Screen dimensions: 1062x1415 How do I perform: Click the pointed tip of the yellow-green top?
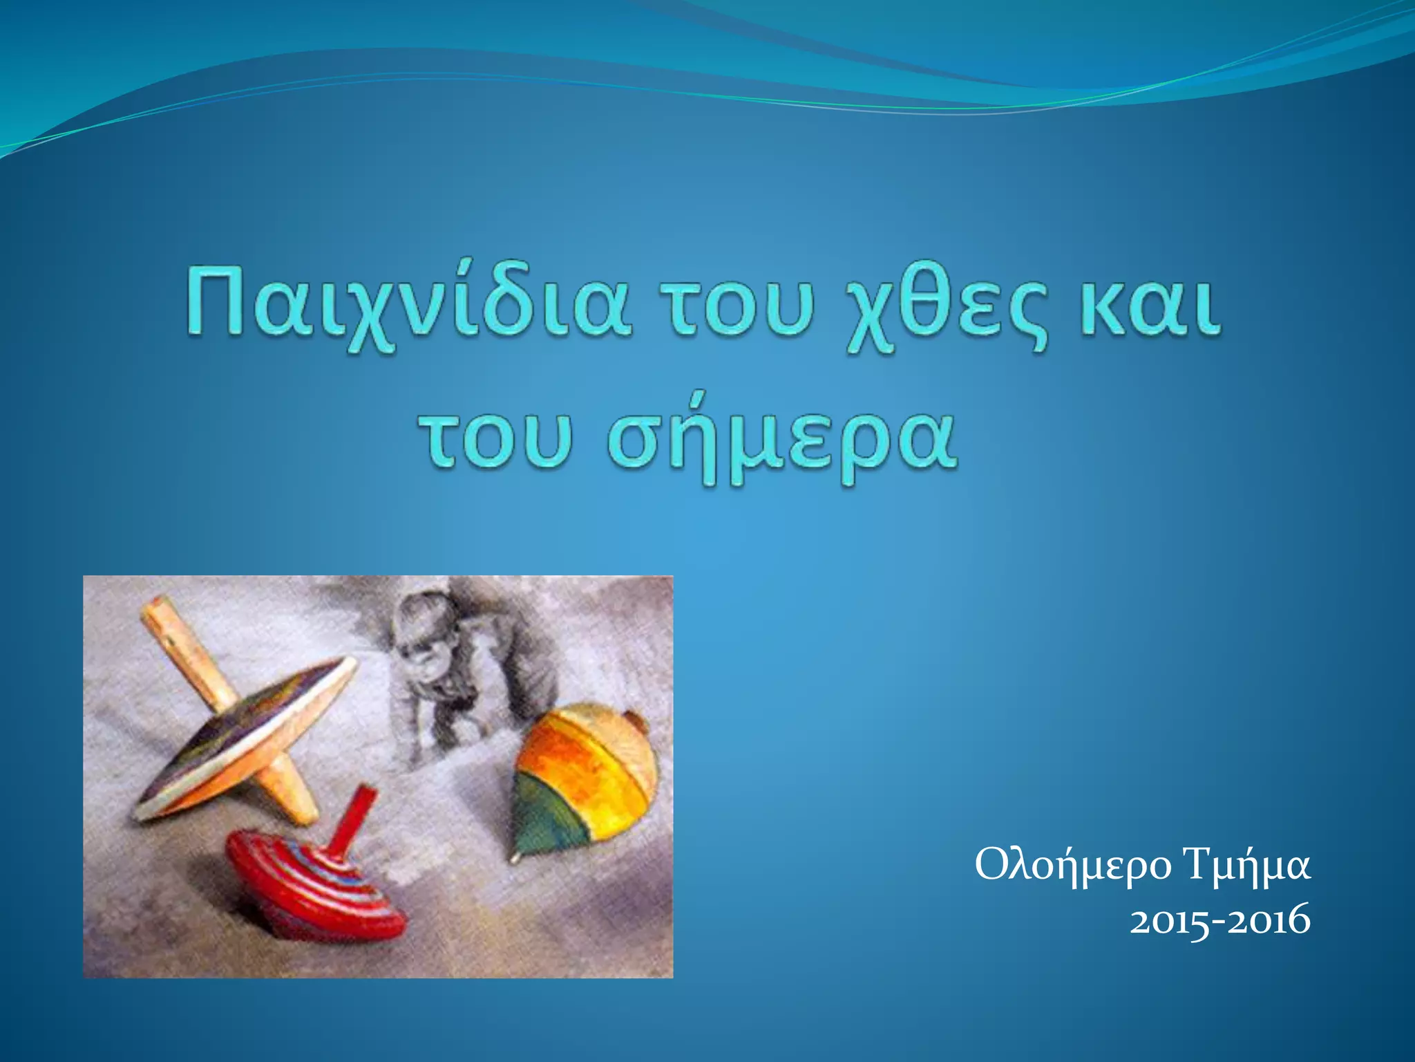(514, 858)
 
